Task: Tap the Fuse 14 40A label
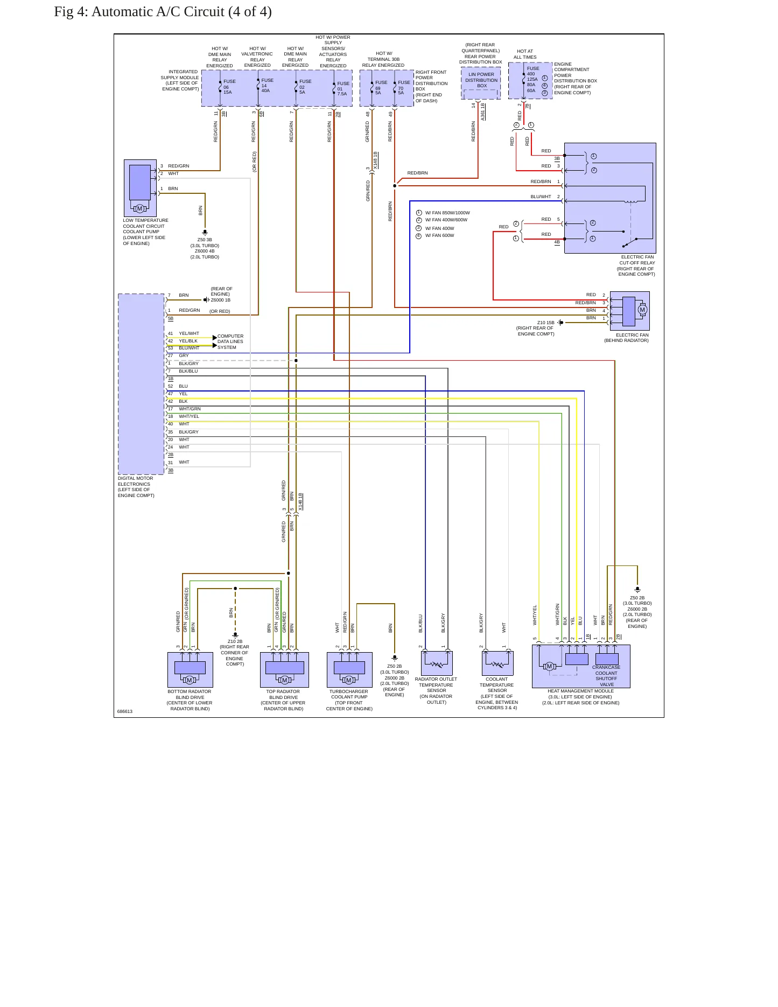point(267,85)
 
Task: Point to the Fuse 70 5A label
point(404,87)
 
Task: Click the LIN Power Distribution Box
point(481,83)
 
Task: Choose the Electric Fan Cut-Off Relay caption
point(636,265)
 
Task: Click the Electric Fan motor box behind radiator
point(629,311)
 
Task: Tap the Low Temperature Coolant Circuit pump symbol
point(140,188)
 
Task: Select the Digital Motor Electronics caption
point(136,487)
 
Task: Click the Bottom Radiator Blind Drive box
point(190,670)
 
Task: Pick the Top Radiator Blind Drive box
point(284,670)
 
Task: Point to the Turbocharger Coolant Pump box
point(349,670)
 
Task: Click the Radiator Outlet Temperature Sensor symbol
point(437,663)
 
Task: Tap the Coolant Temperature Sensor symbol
point(497,663)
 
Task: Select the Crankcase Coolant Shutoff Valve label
point(607,676)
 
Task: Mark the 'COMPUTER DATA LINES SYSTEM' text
point(230,341)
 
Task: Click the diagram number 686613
point(125,711)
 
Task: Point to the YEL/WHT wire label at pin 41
point(189,333)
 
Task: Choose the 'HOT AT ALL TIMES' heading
point(525,54)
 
